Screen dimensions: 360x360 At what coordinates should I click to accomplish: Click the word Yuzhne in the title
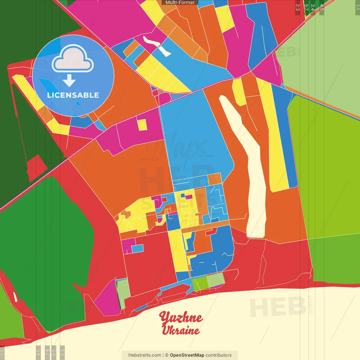pyautogui.click(x=181, y=318)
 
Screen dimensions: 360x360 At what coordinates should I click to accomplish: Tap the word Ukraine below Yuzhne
pyautogui.click(x=181, y=330)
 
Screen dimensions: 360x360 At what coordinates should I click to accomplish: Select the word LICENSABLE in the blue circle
pyautogui.click(x=73, y=95)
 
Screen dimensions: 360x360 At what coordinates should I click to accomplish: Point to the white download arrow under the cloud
pyautogui.click(x=69, y=80)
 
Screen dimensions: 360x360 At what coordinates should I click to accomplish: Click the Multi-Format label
pyautogui.click(x=180, y=3)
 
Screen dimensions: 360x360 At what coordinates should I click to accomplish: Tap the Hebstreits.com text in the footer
pyautogui.click(x=145, y=355)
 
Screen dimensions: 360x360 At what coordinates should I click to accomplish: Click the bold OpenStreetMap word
pyautogui.click(x=187, y=355)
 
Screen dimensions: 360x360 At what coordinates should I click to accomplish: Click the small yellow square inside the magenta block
pyautogui.click(x=142, y=125)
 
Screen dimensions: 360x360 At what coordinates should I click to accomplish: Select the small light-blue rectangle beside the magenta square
pyautogui.click(x=137, y=249)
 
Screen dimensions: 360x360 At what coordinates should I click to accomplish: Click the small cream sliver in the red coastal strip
pyautogui.click(x=15, y=297)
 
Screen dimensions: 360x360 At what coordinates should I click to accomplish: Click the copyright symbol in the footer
pyautogui.click(x=166, y=355)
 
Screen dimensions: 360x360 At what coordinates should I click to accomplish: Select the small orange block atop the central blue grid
pyautogui.click(x=215, y=179)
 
